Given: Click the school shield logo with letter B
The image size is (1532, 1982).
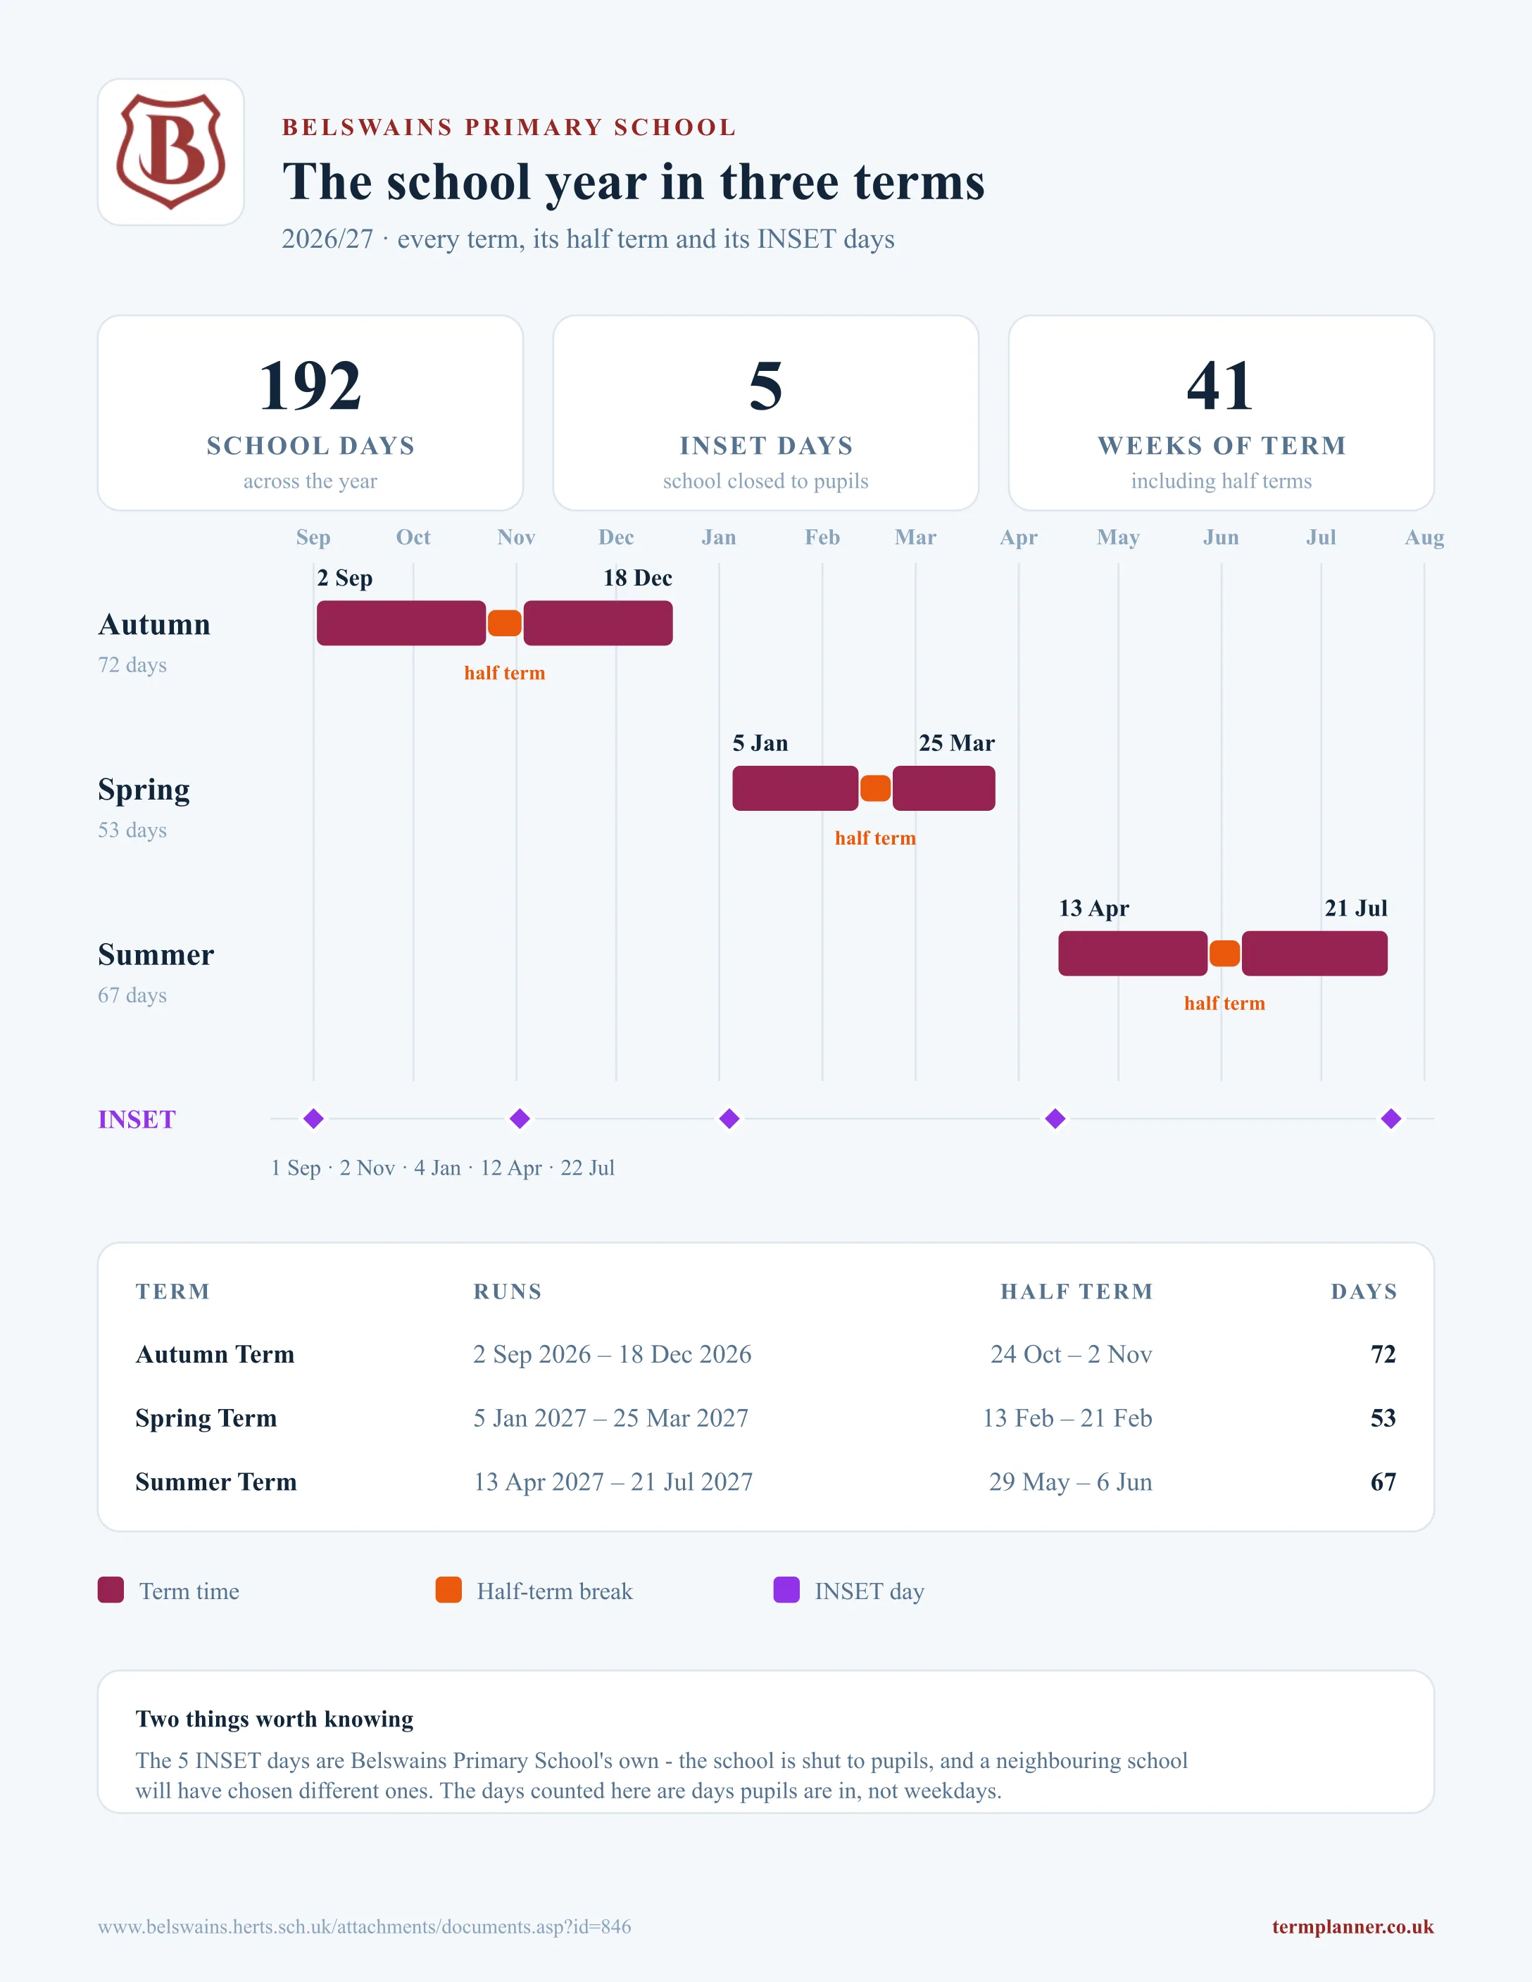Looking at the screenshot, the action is [x=170, y=151].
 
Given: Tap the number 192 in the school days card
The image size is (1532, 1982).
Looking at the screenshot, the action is [x=310, y=386].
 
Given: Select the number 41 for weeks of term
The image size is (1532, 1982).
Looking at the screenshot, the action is [x=1221, y=386].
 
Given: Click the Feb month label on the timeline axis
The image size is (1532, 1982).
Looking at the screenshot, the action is [x=822, y=537].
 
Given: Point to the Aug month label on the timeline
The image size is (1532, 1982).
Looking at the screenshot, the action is [x=1424, y=537].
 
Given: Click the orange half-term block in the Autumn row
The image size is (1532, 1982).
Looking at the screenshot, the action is [x=505, y=624].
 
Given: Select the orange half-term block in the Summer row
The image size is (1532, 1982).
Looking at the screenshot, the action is [x=1224, y=954].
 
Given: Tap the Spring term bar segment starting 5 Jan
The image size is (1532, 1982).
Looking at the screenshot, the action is [x=795, y=788].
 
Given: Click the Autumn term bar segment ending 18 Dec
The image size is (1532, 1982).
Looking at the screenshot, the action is [x=598, y=624].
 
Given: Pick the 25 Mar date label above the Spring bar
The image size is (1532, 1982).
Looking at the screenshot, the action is [x=957, y=743].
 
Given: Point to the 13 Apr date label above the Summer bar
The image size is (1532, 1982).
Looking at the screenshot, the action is [x=1093, y=909].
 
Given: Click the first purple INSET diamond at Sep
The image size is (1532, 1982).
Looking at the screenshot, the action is [x=313, y=1119].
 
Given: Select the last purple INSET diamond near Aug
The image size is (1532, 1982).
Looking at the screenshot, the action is [x=1391, y=1119].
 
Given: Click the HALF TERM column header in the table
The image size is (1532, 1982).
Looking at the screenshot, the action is [x=1076, y=1292].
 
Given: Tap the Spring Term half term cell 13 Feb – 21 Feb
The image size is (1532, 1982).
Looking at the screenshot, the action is [x=1067, y=1418].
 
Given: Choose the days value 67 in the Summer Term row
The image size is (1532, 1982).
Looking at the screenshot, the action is [x=1383, y=1482].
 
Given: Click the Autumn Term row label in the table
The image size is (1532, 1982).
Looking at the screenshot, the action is [x=215, y=1354].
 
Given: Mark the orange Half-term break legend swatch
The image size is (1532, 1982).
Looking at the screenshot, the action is [x=448, y=1590].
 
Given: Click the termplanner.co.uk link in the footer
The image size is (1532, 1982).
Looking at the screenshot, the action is [x=1352, y=1926].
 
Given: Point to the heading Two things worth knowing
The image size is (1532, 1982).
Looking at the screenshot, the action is [x=274, y=1719].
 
